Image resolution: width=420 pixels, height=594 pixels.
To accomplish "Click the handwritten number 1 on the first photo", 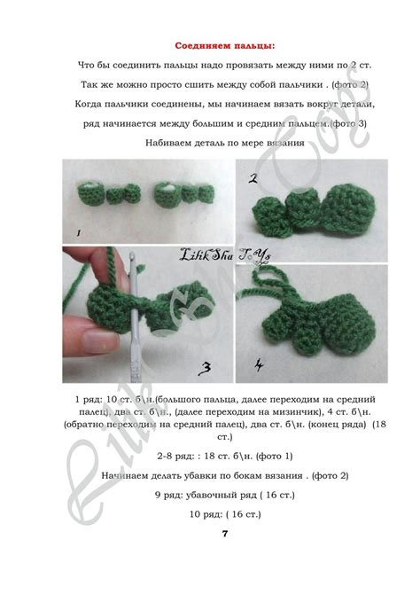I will pyautogui.click(x=78, y=232).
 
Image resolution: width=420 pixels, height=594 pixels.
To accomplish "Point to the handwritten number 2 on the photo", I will pyautogui.click(x=253, y=178).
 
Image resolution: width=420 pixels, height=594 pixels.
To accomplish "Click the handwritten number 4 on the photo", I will pyautogui.click(x=258, y=364).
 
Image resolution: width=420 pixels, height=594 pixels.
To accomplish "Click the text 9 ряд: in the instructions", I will pyautogui.click(x=173, y=494).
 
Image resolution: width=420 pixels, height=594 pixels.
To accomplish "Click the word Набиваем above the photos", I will pyautogui.click(x=169, y=142).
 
